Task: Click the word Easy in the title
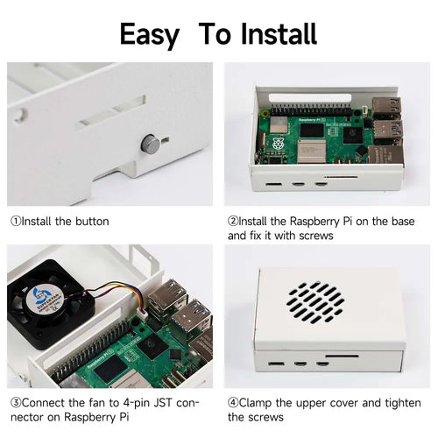(149, 35)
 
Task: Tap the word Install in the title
(279, 34)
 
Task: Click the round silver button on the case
(151, 144)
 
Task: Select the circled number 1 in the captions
(16, 221)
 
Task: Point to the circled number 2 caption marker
(233, 221)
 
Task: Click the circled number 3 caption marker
(16, 403)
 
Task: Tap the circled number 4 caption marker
(233, 403)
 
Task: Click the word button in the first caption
(92, 222)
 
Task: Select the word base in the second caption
(403, 222)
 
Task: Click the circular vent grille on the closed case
(315, 302)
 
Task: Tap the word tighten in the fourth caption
(403, 403)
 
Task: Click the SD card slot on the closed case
(342, 356)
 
